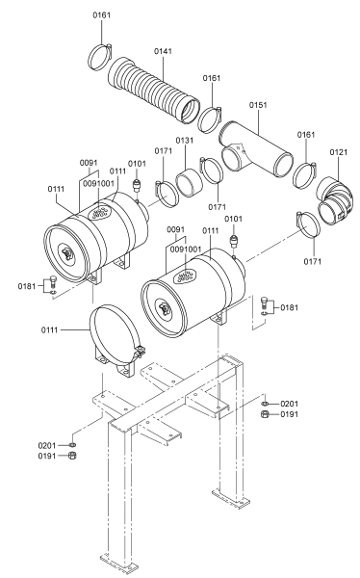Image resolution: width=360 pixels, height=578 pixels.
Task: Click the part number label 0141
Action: [163, 51]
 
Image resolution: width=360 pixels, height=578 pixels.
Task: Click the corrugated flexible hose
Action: [154, 90]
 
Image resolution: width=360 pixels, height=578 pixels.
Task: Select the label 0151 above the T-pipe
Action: [258, 105]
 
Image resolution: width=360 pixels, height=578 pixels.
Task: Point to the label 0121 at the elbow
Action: [338, 152]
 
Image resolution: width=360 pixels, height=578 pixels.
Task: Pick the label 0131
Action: [184, 141]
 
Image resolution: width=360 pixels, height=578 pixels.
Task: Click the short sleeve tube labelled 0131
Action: [189, 181]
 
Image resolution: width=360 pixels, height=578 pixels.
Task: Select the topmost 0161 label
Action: [101, 14]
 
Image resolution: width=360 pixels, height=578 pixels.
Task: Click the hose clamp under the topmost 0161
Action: [100, 57]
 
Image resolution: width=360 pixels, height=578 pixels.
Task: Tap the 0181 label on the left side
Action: [27, 286]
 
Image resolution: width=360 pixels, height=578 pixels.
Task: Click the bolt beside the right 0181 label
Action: [264, 302]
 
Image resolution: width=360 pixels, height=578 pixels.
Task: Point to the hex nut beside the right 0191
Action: [264, 414]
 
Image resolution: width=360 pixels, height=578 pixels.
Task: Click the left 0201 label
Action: [47, 446]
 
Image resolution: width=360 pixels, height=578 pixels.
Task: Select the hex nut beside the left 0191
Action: [72, 456]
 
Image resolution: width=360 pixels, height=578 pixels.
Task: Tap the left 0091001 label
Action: [98, 183]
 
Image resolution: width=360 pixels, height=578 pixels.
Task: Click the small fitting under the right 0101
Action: [233, 242]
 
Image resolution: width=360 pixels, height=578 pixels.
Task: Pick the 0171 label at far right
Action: [313, 261]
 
